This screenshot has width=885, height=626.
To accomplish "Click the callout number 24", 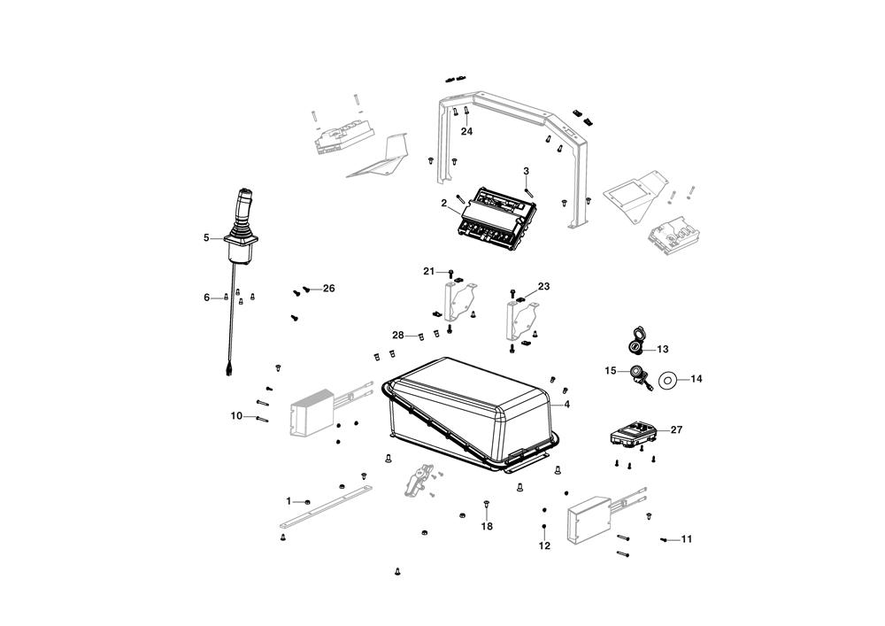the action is click(466, 132).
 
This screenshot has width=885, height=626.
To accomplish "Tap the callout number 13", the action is click(663, 350).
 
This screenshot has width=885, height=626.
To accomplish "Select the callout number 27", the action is click(676, 429).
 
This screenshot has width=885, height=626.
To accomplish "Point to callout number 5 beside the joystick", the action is click(206, 237).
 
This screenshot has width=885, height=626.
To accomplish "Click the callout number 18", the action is click(487, 526).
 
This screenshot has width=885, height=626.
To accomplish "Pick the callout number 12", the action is click(544, 545).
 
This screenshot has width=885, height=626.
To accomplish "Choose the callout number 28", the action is click(398, 336).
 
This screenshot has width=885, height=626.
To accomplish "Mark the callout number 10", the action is click(236, 416).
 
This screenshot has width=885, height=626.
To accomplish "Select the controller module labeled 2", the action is click(497, 219).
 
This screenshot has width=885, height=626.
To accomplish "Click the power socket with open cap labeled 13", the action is click(636, 341).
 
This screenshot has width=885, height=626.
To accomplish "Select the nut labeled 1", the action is click(307, 502).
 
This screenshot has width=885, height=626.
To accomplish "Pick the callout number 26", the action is click(328, 289).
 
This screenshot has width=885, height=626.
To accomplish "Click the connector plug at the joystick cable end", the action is click(228, 371).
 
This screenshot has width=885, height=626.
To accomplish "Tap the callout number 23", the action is click(543, 286).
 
